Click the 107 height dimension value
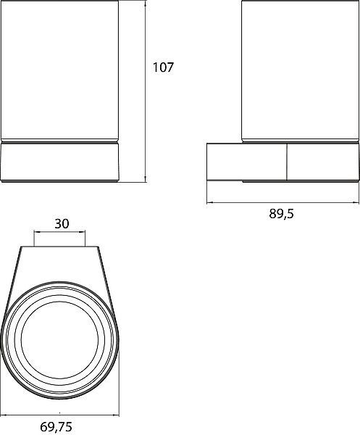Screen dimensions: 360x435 pos(163,67)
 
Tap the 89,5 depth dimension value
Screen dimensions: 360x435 pos(281,214)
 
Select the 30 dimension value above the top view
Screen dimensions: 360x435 pos(62,223)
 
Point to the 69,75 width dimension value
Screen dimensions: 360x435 pos(56,427)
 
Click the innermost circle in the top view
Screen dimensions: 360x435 pos(59,302)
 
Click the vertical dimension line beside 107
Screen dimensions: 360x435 pos(145,91)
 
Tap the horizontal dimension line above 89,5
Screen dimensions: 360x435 pos(282,202)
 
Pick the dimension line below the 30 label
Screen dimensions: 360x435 pos(59,231)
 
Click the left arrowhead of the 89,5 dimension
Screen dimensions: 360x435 pos(209,202)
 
